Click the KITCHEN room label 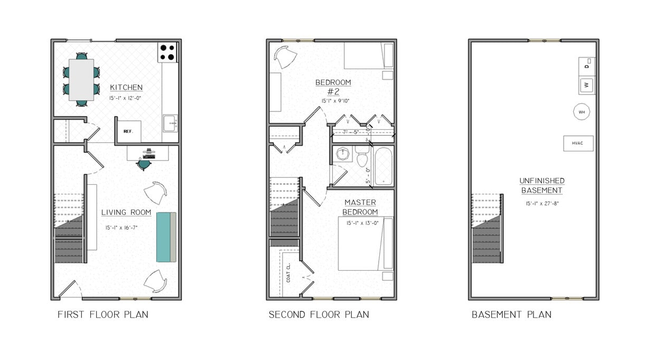[x=126, y=88]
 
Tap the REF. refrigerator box [x=128, y=131]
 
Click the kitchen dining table [x=81, y=79]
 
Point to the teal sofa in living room [x=166, y=236]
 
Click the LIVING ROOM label [x=126, y=213]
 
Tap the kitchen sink [x=170, y=123]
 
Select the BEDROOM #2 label [x=333, y=87]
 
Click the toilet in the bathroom [x=362, y=157]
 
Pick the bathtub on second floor [x=383, y=166]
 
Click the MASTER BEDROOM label [x=360, y=207]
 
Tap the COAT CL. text [x=288, y=272]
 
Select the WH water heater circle [x=582, y=112]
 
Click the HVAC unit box [x=578, y=143]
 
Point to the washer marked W [x=587, y=84]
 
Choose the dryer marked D [x=587, y=65]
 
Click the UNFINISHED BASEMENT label [x=542, y=185]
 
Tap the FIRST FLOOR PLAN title [x=103, y=315]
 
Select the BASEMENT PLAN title [x=511, y=315]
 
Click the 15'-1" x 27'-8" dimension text [x=542, y=203]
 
